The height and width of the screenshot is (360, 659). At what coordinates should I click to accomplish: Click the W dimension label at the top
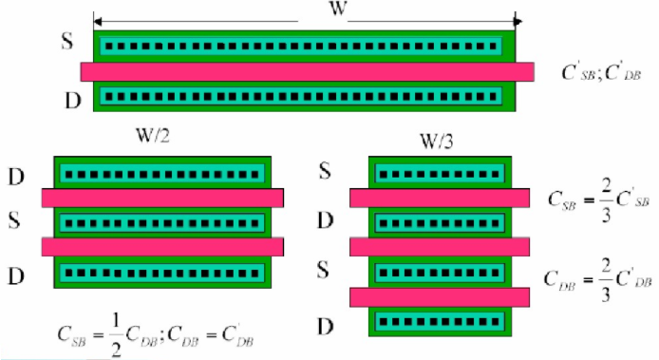click(338, 9)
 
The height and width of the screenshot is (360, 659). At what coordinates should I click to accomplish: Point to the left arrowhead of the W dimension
click(98, 21)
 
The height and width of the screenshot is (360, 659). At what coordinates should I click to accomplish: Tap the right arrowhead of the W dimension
click(518, 21)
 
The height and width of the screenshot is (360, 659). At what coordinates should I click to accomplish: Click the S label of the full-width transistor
click(67, 41)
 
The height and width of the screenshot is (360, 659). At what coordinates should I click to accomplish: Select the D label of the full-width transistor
click(72, 101)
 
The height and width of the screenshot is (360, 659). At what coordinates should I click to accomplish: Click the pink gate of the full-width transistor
click(308, 71)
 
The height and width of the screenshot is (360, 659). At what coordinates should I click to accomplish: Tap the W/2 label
click(153, 136)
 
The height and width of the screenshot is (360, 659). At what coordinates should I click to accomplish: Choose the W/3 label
click(437, 142)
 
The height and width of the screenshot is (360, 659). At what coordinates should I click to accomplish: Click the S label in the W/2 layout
click(14, 220)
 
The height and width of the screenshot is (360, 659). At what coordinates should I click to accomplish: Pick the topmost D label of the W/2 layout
click(16, 177)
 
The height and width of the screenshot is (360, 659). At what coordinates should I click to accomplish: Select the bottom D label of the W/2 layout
click(16, 276)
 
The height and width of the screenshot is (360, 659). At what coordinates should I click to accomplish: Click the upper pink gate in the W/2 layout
click(162, 198)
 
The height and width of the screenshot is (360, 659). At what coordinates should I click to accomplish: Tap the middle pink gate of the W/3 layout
click(440, 247)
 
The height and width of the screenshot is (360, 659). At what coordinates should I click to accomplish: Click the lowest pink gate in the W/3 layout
click(440, 297)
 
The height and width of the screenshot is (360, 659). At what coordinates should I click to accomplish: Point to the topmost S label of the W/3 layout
click(325, 171)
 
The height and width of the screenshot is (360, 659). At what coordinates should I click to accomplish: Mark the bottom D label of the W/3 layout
click(326, 327)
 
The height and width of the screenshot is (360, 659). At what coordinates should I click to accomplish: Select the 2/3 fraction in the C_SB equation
click(606, 200)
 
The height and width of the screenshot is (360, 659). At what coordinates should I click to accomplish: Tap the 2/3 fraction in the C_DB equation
click(606, 280)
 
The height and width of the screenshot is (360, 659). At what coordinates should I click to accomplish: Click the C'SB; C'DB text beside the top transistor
click(601, 72)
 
